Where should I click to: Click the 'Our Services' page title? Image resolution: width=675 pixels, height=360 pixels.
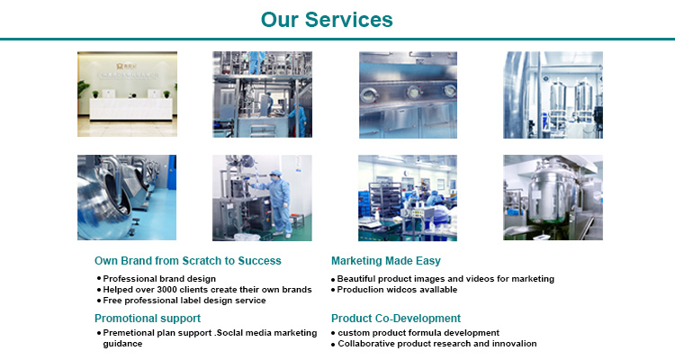(x=327, y=20)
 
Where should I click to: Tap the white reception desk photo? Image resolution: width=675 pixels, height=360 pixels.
(x=127, y=94)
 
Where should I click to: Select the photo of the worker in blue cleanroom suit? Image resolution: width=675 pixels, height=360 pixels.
(x=262, y=198)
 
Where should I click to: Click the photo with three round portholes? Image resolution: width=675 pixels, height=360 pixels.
(x=408, y=94)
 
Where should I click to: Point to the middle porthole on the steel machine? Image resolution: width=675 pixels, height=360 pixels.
(x=413, y=92)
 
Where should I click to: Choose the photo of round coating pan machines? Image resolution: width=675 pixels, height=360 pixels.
(x=127, y=197)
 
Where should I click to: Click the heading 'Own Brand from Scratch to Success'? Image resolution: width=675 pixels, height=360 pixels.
(x=188, y=260)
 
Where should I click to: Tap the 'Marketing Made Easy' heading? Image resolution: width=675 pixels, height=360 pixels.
(x=386, y=260)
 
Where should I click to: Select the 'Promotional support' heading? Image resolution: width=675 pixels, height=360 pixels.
(x=148, y=319)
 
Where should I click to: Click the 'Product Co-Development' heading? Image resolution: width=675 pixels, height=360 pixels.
(x=396, y=319)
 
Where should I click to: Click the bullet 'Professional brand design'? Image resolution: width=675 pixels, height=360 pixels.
(x=159, y=279)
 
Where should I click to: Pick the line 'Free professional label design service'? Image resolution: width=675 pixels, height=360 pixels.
(x=184, y=300)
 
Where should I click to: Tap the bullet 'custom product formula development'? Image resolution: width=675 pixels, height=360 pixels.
(x=418, y=333)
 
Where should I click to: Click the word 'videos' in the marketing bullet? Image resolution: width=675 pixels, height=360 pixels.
(x=480, y=279)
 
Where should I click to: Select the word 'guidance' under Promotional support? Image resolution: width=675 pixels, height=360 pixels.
(x=122, y=344)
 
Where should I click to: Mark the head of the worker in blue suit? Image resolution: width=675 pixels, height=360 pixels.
(x=274, y=175)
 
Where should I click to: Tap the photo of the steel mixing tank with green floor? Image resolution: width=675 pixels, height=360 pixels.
(x=553, y=197)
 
